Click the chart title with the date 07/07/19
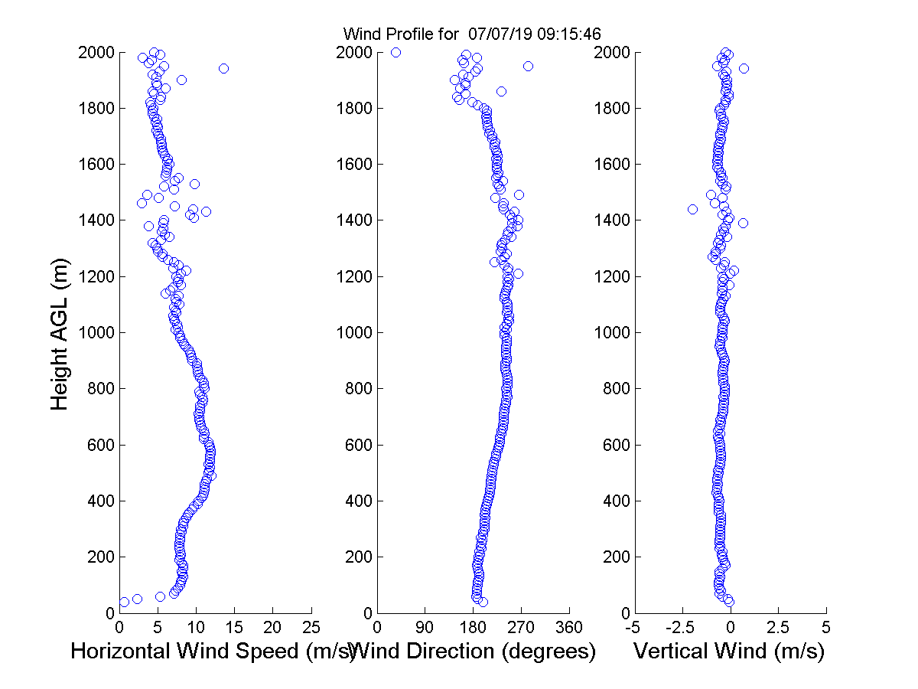(x=472, y=34)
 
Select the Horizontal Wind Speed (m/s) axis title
(x=213, y=651)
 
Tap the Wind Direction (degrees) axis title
(x=475, y=651)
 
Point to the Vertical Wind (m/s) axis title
(x=729, y=651)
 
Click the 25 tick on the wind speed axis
(x=311, y=627)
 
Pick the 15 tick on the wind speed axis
(x=234, y=627)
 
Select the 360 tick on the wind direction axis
(x=569, y=627)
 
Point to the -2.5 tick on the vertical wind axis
(x=682, y=627)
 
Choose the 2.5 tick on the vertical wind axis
(x=778, y=627)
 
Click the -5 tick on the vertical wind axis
(x=633, y=627)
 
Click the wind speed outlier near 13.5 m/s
(x=223, y=68)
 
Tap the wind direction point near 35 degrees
(x=396, y=52)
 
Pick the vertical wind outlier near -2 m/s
(x=692, y=209)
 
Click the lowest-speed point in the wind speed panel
(x=124, y=602)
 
